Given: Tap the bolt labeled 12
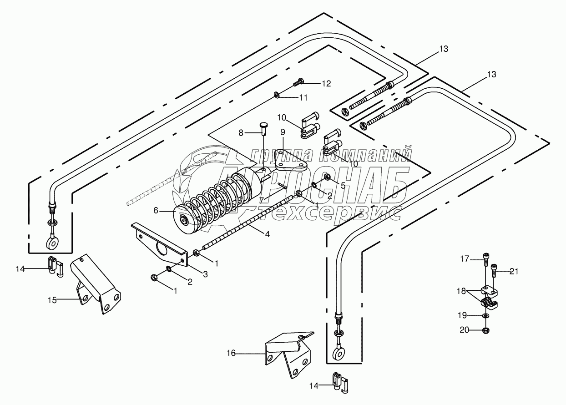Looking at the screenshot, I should pyautogui.click(x=298, y=82).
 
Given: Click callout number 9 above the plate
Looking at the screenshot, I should pyautogui.click(x=283, y=132).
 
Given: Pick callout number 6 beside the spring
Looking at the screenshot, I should pyautogui.click(x=156, y=210).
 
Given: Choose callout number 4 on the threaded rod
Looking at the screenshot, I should pyautogui.click(x=268, y=234).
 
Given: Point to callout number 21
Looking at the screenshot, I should pyautogui.click(x=514, y=272).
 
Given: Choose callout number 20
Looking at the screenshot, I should pyautogui.click(x=464, y=330).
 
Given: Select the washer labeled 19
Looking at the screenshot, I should pyautogui.click(x=486, y=315).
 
